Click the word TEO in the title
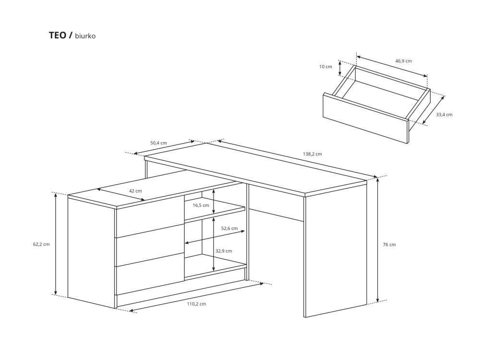[x=58, y=36]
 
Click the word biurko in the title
[x=85, y=36]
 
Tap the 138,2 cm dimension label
[x=312, y=154]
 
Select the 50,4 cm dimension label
[x=158, y=143]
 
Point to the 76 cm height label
[x=389, y=245]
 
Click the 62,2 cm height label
[x=41, y=244]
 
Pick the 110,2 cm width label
[x=196, y=304]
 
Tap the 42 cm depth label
[x=135, y=191]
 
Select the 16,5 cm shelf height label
[x=201, y=205]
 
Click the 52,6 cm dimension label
[x=229, y=228]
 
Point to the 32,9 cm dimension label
[x=224, y=251]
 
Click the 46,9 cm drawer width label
[x=404, y=61]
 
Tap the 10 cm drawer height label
[x=325, y=66]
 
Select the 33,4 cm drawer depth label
[x=444, y=115]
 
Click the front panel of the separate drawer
[x=366, y=118]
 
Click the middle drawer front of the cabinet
[x=150, y=246]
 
